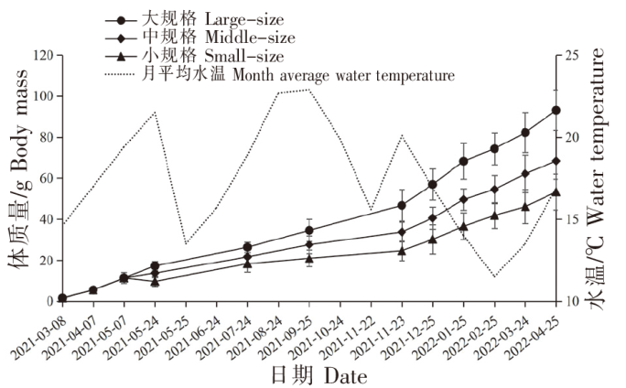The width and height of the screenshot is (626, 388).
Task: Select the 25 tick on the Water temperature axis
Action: click(574, 55)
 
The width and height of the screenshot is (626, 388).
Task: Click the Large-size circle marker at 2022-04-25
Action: click(556, 111)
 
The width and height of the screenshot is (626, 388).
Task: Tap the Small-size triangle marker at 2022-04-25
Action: click(556, 192)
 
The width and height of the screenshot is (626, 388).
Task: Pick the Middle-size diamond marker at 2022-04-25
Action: click(556, 161)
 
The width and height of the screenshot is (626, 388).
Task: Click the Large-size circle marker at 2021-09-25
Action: click(309, 231)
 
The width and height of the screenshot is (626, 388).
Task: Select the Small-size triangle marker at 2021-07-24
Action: click(247, 264)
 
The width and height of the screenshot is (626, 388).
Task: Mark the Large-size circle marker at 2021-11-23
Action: click(402, 205)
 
